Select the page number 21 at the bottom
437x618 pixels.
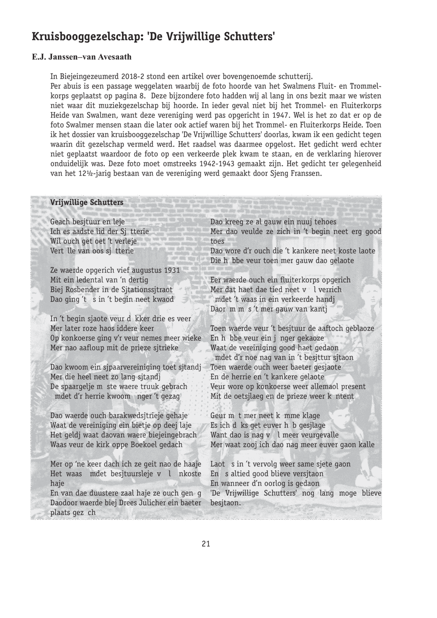click(206, 544)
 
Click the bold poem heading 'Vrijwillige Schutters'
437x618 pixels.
click(87, 203)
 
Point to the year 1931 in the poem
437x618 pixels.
click(171, 270)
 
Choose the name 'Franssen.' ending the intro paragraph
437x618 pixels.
click(306, 173)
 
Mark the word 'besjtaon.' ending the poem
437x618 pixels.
click(225, 503)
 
